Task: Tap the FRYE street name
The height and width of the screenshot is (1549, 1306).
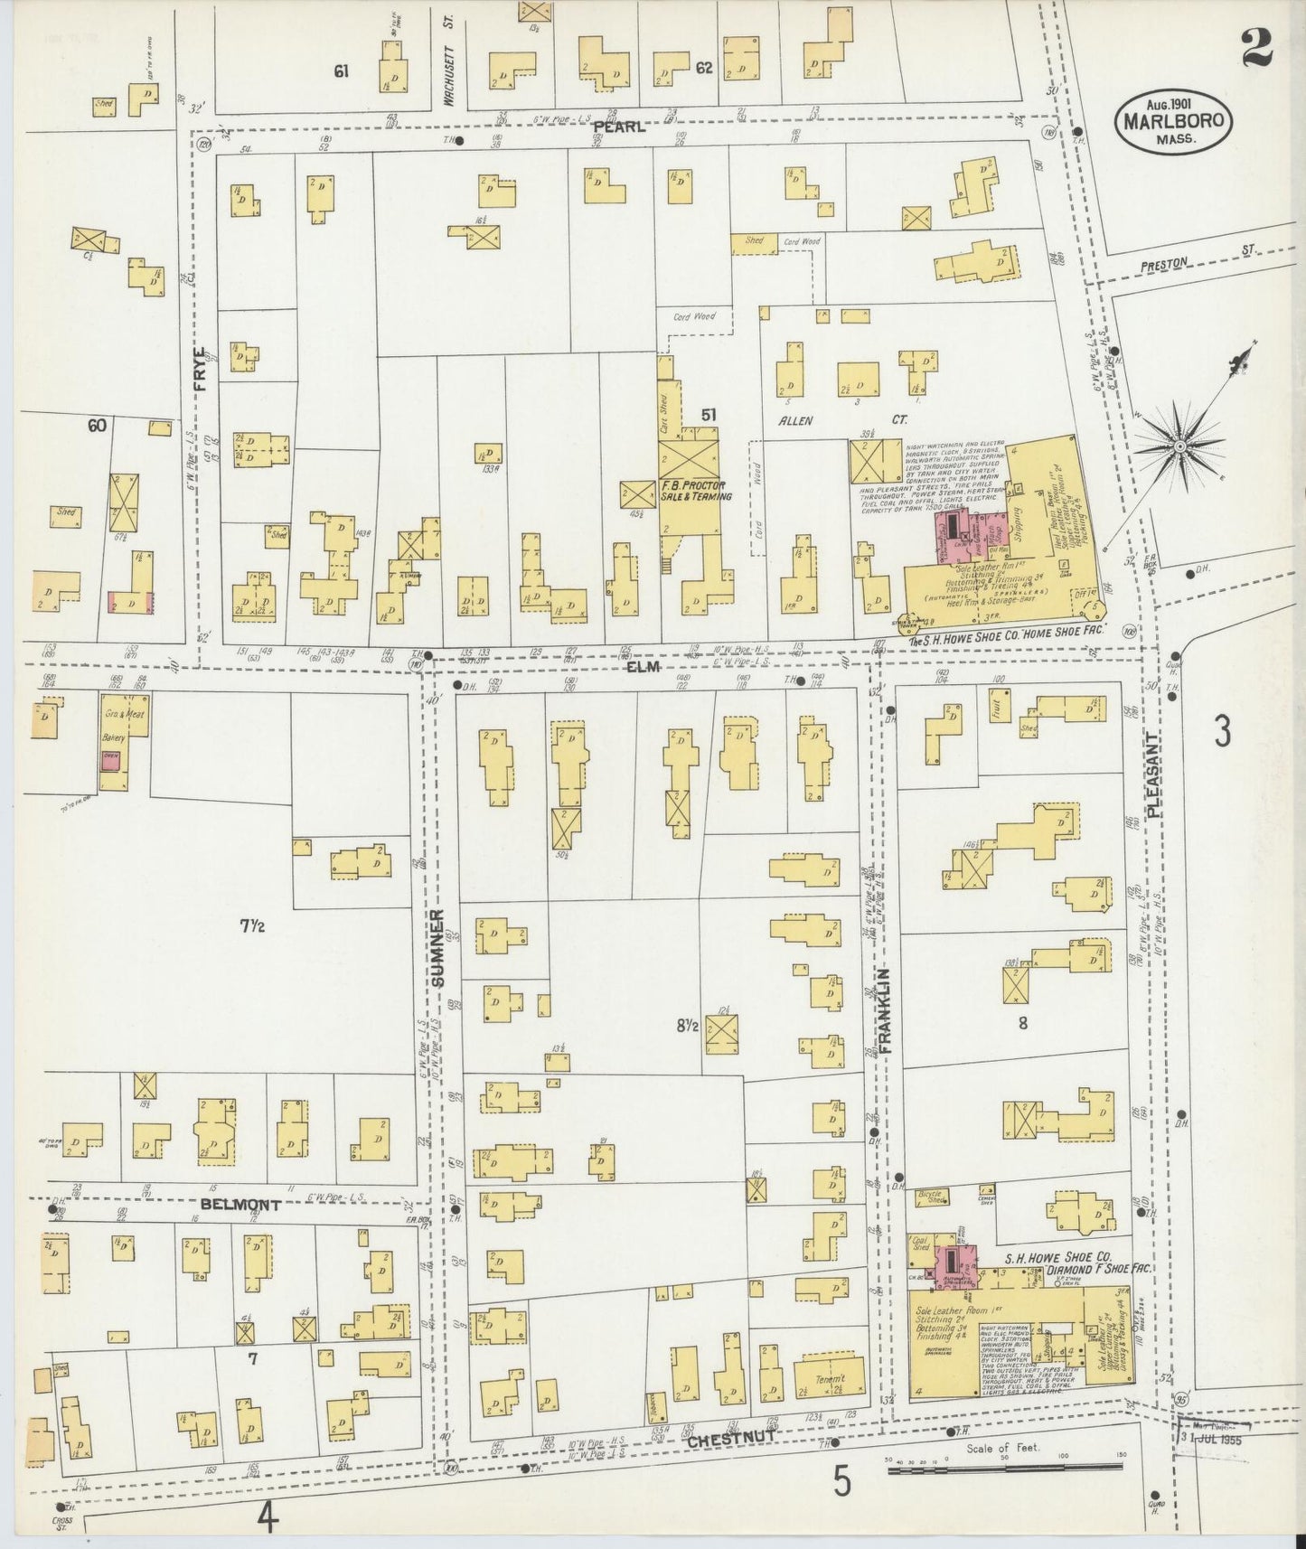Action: coord(201,370)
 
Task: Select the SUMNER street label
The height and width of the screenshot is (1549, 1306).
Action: coord(439,948)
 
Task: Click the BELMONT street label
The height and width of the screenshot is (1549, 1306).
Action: coord(240,1204)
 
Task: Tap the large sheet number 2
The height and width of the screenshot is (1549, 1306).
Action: coord(1257,47)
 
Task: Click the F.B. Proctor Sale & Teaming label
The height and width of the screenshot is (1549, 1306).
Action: coord(695,491)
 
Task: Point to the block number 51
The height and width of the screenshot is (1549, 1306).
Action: coord(709,416)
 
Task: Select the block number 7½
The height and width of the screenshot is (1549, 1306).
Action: coord(252,926)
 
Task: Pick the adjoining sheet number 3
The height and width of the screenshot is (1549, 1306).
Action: coord(1222,731)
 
